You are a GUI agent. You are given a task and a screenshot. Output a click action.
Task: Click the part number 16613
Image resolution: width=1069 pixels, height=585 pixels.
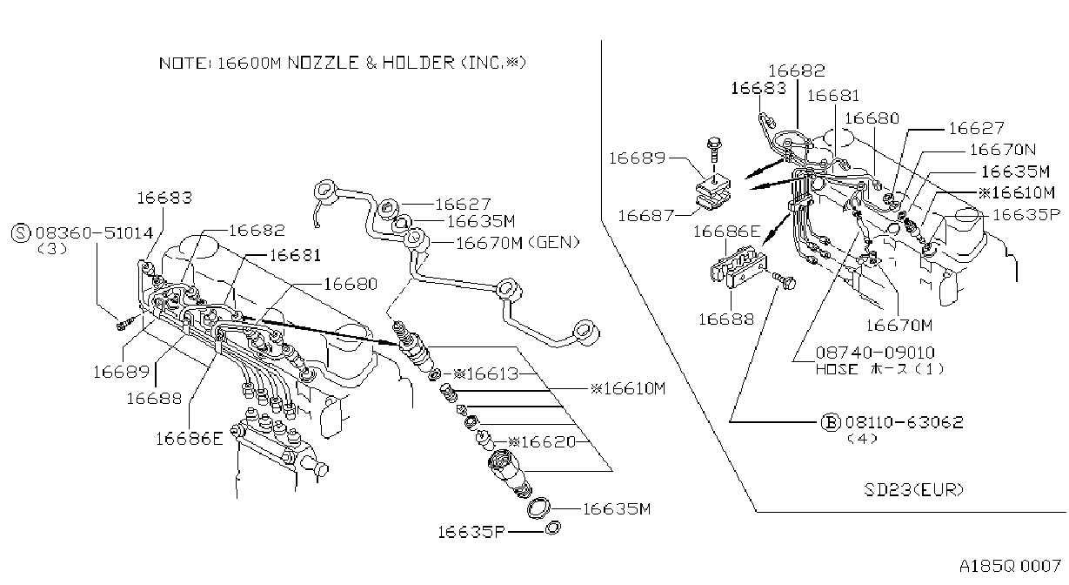click(492, 373)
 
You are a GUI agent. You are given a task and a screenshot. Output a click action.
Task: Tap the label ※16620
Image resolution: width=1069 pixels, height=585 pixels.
click(542, 441)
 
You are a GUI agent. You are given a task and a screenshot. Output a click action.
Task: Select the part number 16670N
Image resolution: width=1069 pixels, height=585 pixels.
click(1003, 150)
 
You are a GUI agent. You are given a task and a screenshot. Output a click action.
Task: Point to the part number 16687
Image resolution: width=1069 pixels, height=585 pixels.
click(645, 216)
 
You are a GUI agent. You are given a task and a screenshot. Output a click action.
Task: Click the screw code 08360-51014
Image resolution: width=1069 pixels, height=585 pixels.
click(95, 233)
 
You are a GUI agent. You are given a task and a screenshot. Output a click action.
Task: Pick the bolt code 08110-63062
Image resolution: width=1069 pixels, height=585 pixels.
click(905, 422)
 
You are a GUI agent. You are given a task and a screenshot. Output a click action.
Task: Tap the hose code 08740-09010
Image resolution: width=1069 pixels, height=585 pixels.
click(875, 353)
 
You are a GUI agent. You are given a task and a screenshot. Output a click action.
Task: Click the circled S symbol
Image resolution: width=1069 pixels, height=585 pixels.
click(21, 233)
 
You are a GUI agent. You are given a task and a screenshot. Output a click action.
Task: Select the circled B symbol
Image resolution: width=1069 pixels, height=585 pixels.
click(831, 422)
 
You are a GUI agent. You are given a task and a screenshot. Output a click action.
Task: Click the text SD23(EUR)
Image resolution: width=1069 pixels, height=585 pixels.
click(913, 490)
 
